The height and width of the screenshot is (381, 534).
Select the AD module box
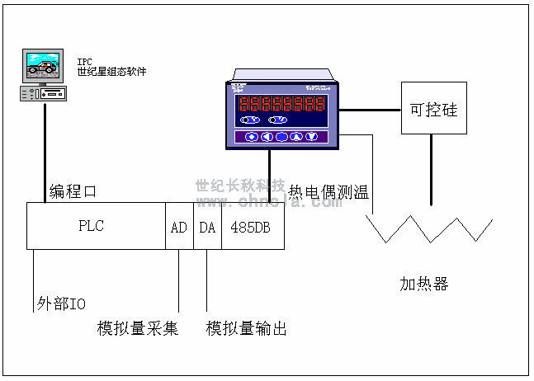point(179,226)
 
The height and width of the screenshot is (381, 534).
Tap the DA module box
point(206,226)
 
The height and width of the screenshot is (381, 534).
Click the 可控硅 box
point(432,109)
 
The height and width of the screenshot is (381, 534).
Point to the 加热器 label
point(424,285)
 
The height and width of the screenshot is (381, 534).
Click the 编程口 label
point(73,191)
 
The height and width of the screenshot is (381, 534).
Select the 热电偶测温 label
point(328,192)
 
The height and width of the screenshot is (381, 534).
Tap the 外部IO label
point(61,303)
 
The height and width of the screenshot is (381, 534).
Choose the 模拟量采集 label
point(138,328)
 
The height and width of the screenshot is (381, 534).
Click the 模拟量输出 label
point(247,328)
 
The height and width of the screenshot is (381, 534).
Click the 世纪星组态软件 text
point(112,72)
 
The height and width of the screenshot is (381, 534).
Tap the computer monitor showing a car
point(42,64)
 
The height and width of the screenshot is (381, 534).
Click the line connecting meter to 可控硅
point(370,109)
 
